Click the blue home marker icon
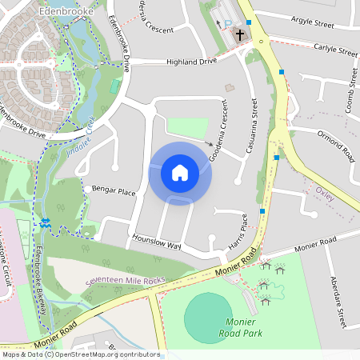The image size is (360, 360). click(x=180, y=173)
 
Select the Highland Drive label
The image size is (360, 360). click(x=191, y=62)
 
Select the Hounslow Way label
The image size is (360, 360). click(x=156, y=241)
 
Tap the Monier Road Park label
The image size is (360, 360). click(x=241, y=326)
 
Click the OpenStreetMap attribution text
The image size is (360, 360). click(x=80, y=354)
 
